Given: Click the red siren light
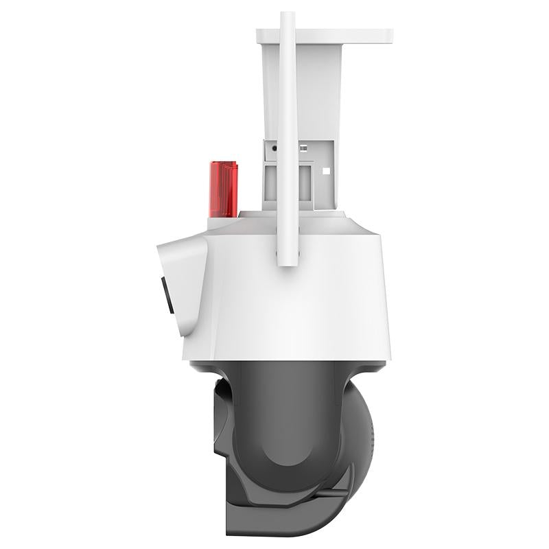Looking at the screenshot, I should tap(223, 189).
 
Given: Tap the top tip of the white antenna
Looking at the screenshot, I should tap(287, 15).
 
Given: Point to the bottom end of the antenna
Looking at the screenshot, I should tap(287, 262).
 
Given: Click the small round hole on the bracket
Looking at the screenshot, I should tap(274, 148).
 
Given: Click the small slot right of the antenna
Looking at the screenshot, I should tap(302, 148).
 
